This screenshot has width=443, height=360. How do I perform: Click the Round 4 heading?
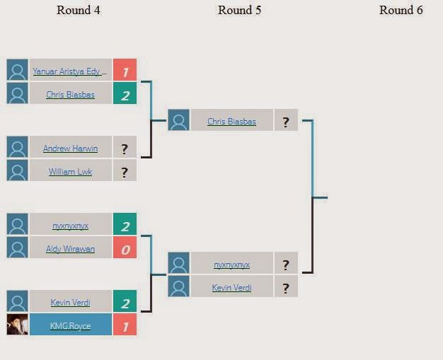[83, 10]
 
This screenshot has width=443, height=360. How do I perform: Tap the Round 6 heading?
[401, 10]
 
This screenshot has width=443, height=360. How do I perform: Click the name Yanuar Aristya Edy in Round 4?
[70, 71]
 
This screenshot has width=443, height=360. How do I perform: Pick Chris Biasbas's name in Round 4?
[70, 94]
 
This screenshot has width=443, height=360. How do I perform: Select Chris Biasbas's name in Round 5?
[231, 121]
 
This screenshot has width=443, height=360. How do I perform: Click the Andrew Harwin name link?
[70, 149]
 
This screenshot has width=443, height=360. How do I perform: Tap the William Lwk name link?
[70, 171]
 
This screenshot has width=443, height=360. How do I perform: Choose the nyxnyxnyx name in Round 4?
[70, 226]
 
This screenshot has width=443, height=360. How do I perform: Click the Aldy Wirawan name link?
[70, 248]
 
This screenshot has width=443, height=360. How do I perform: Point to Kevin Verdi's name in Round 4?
[70, 303]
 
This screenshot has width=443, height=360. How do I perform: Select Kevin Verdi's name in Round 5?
[231, 287]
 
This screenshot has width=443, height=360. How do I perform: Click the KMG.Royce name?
[70, 325]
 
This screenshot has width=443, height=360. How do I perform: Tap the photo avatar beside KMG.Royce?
[17, 325]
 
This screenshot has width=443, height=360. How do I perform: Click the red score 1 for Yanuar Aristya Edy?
[125, 71]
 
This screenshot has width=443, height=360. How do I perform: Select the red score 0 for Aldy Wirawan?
[125, 248]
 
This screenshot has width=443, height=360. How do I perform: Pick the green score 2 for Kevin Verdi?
[125, 303]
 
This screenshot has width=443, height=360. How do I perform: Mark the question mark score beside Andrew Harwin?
[125, 149]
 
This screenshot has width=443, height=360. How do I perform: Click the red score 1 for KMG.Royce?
[125, 325]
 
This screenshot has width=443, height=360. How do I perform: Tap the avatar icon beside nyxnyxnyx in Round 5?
[179, 265]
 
